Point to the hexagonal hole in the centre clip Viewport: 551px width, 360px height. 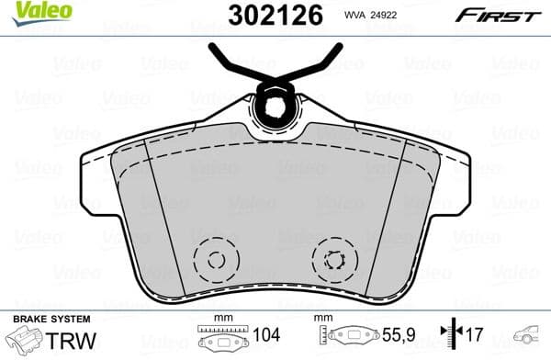(275, 107)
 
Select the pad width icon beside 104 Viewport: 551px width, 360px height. (221, 339)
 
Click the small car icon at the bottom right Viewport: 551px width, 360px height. (530, 334)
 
